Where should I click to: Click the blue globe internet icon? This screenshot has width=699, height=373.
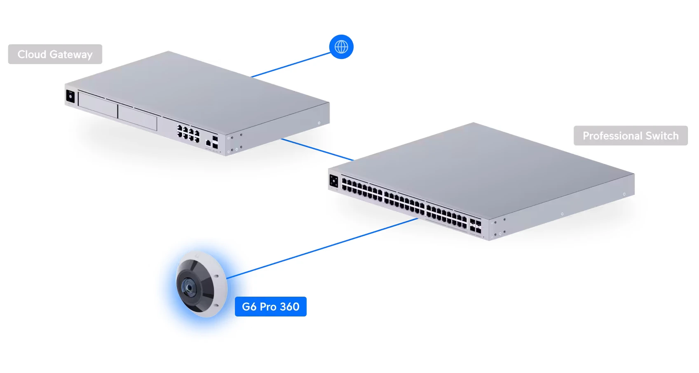click(341, 47)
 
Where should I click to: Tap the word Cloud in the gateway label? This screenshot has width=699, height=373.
click(32, 54)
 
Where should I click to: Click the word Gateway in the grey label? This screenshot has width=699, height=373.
click(71, 55)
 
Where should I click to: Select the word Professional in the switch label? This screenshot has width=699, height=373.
click(612, 136)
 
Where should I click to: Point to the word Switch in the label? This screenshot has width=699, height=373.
click(662, 136)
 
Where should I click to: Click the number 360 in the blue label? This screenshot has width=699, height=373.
click(290, 307)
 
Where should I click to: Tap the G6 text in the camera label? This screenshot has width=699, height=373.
click(249, 307)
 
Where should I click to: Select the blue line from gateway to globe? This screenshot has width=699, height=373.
click(291, 65)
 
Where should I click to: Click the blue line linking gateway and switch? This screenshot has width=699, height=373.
click(317, 149)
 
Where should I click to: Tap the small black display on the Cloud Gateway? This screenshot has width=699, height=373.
click(70, 96)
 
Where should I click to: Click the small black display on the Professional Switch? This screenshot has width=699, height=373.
click(333, 181)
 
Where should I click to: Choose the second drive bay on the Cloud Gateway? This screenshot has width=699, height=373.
click(137, 117)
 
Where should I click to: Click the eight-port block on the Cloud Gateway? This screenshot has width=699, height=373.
click(188, 133)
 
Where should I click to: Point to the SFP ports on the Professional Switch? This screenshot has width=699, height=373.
click(475, 227)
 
